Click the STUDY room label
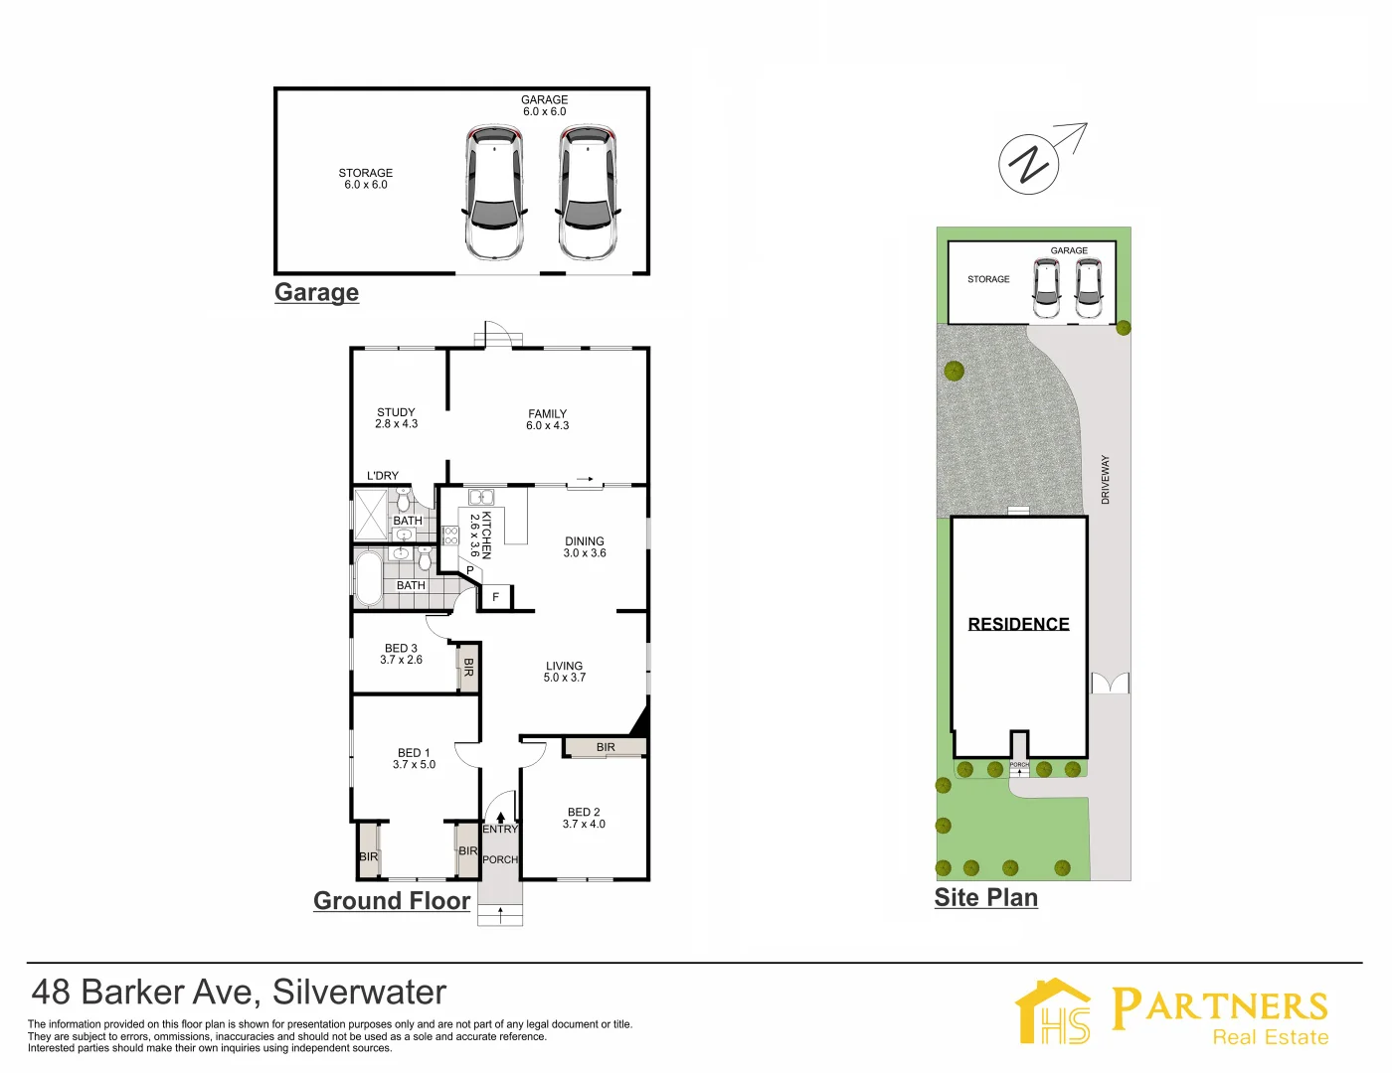point(396,418)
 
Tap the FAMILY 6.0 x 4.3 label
point(548,419)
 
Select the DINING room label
point(585,547)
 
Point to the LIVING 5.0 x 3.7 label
point(564,672)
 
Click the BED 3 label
point(401,654)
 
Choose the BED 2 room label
point(584,818)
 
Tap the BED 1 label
point(414,758)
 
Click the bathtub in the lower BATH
point(368,578)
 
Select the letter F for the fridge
point(495,597)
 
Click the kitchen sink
point(481,497)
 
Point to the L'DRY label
point(383,476)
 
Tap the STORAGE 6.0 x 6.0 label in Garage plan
point(366,179)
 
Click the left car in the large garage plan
point(494,194)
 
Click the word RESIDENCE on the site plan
point(1018,624)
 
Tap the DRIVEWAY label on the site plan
point(1105,480)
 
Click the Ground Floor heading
point(392,901)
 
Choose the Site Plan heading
point(985,898)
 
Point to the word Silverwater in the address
point(359,992)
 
